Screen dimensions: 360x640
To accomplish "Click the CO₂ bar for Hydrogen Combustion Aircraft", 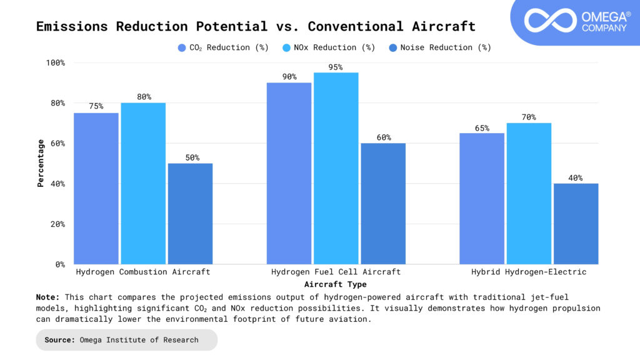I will pyautogui.click(x=96, y=188).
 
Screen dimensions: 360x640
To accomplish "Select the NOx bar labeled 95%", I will pyautogui.click(x=336, y=168).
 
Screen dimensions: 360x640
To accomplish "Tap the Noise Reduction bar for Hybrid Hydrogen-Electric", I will pyautogui.click(x=576, y=223).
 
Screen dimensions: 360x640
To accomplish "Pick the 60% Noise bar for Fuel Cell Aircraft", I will pyautogui.click(x=383, y=203).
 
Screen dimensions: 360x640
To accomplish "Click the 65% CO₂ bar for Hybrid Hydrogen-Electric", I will pyautogui.click(x=481, y=198).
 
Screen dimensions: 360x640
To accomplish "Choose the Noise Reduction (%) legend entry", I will pyautogui.click(x=440, y=47).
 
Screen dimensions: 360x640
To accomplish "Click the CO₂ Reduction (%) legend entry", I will pyautogui.click(x=223, y=47).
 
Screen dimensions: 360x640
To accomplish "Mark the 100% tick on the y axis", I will pyautogui.click(x=55, y=62).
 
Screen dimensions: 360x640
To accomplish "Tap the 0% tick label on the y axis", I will pyautogui.click(x=59, y=264).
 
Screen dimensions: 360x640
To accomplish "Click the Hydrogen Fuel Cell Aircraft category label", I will pyautogui.click(x=336, y=272).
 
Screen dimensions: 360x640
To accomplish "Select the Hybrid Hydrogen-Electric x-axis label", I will pyautogui.click(x=529, y=272).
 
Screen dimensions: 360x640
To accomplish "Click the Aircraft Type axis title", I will pyautogui.click(x=336, y=284).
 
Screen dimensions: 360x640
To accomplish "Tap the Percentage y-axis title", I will pyautogui.click(x=41, y=163).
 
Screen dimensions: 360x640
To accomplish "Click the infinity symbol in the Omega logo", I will pyautogui.click(x=550, y=21).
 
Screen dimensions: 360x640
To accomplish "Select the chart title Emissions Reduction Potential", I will pyautogui.click(x=256, y=26).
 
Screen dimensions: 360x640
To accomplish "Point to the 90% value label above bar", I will pyautogui.click(x=289, y=76).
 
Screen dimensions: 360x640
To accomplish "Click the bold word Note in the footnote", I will pyautogui.click(x=48, y=297).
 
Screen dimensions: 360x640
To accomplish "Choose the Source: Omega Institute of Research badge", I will pyautogui.click(x=127, y=340).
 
